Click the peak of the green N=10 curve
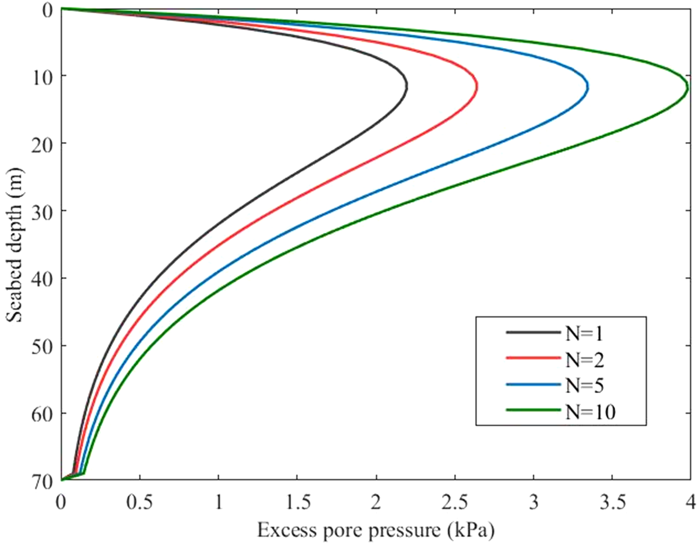(687, 88)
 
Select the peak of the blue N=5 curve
(588, 87)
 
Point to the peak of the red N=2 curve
(477, 86)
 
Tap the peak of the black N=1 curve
(406, 86)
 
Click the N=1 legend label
(584, 334)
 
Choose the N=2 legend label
(585, 360)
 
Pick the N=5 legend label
(585, 386)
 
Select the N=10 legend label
(590, 412)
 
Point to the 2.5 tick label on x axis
(455, 503)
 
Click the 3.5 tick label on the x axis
(612, 503)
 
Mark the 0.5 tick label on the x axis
(140, 503)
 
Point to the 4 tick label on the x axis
(690, 503)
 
